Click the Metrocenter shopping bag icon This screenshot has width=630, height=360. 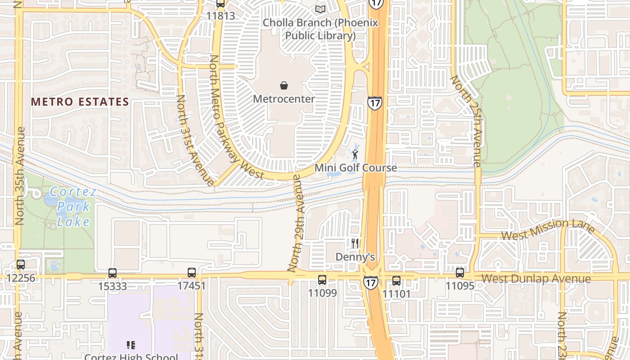[284, 85]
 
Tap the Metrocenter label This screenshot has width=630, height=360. [284, 99]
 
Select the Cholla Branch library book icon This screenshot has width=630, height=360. [320, 9]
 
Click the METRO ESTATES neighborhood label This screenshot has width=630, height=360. [80, 102]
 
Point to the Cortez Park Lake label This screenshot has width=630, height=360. [72, 207]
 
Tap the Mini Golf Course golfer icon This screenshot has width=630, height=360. [355, 155]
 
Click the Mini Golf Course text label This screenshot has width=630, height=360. [355, 168]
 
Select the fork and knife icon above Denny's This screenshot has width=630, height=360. [355, 243]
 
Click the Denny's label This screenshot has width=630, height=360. [355, 257]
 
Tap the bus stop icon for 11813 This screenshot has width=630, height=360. [220, 4]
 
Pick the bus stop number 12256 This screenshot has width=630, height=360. [21, 278]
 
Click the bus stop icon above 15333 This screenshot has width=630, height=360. [112, 273]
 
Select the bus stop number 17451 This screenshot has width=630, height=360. [191, 286]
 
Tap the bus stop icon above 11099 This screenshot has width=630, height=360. [322, 279]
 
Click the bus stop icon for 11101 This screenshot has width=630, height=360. [396, 280]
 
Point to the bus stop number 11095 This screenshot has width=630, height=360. [460, 286]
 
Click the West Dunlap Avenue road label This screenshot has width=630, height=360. [536, 279]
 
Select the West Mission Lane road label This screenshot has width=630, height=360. [548, 229]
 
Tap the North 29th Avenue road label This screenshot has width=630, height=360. [299, 224]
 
